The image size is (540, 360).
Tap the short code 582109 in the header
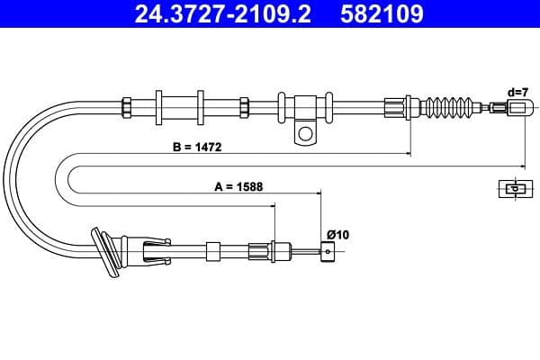(381, 14)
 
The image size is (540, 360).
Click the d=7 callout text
(517, 91)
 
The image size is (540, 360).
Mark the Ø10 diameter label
(337, 235)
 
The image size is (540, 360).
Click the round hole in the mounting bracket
(306, 136)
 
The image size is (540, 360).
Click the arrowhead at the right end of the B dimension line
(522, 165)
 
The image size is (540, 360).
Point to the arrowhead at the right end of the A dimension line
(319, 192)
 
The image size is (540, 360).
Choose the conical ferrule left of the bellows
(396, 105)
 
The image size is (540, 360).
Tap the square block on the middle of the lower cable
(213, 251)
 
